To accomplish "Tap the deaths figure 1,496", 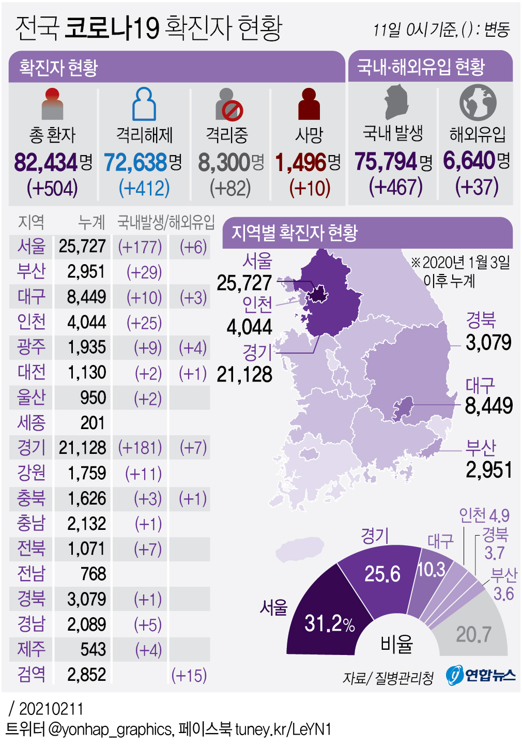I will [301, 163].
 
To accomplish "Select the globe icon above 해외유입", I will [478, 102].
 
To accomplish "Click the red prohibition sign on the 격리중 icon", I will [233, 110].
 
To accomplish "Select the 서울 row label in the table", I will [31, 247].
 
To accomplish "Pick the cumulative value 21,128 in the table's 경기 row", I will [82, 448].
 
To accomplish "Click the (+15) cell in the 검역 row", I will [189, 675].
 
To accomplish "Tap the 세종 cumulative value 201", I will [93, 423].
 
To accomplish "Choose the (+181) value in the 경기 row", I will [140, 448].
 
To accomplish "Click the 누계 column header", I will [91, 222].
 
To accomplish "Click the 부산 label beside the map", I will [481, 447].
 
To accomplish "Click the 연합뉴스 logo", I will [481, 675].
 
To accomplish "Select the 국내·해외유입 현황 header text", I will [421, 67].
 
